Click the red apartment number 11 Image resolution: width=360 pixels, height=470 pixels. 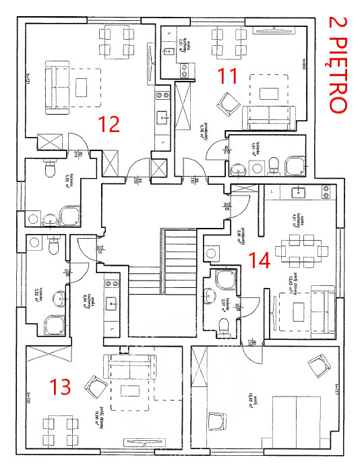point(228,76)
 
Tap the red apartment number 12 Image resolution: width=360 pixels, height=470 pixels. point(109,124)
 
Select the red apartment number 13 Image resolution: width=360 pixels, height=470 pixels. point(61,386)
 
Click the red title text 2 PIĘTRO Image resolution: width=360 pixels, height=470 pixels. point(336,64)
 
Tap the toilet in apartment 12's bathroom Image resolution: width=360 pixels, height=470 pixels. point(49,171)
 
